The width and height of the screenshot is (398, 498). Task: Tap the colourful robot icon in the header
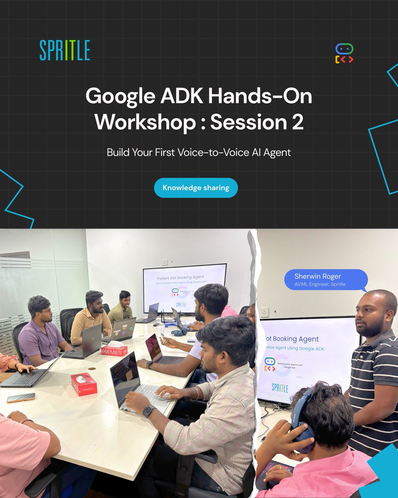pos(344,54)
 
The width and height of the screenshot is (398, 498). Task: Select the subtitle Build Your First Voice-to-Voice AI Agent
pos(199,152)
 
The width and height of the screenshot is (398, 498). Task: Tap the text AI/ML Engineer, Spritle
pos(320,284)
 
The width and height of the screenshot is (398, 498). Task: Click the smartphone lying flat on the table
pos(21,398)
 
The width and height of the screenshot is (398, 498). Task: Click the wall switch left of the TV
pos(165,262)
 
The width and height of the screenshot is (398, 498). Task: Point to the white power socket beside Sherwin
pos(264,312)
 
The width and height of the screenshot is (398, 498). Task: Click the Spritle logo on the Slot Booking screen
pos(280,388)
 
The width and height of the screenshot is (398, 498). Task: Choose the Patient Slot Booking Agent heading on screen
pos(180,277)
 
